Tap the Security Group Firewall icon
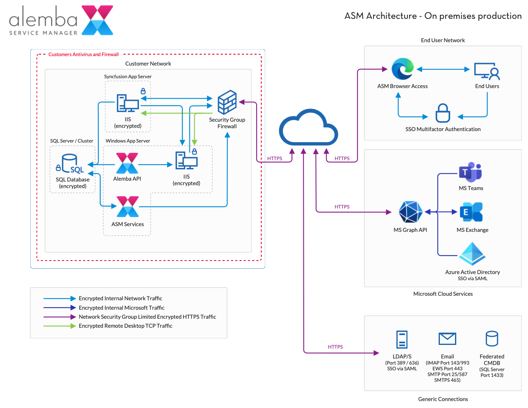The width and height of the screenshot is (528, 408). point(227,102)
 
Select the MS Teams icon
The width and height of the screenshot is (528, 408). point(470,172)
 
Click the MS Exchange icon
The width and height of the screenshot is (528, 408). point(471,212)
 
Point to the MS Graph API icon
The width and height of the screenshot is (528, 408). point(410,212)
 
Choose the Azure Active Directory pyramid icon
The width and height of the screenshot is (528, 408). point(472,254)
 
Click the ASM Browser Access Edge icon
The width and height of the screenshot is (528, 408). point(402,69)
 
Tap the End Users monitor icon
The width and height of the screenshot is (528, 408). point(487,71)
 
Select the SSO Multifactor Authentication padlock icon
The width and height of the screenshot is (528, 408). point(443,113)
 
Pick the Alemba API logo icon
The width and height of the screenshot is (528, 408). point(127,163)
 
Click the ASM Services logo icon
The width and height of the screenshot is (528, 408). point(127,207)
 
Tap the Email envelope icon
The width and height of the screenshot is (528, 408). point(447,339)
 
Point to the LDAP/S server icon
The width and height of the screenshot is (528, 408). point(402,340)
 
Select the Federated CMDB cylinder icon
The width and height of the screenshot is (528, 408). point(492,339)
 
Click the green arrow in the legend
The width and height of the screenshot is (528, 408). point(59,326)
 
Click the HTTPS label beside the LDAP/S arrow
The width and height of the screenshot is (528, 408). point(335,347)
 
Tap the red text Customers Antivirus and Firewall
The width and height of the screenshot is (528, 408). point(84,54)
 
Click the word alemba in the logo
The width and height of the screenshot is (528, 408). point(43,19)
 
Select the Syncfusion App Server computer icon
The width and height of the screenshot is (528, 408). point(127,103)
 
